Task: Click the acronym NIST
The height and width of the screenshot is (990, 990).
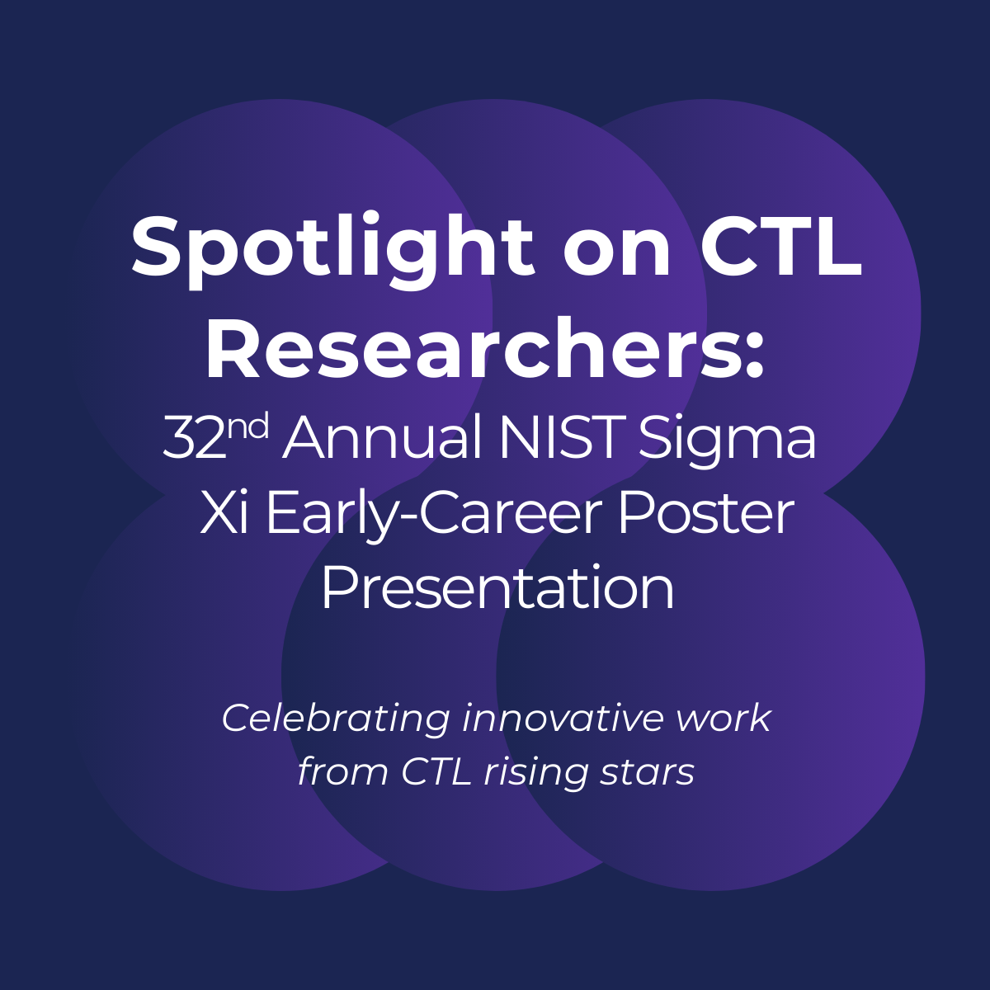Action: coord(563,439)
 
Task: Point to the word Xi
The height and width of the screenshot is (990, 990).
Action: coord(224,513)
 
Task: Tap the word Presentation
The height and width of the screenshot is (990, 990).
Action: coord(497,589)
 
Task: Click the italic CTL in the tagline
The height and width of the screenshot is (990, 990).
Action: coord(436,771)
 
